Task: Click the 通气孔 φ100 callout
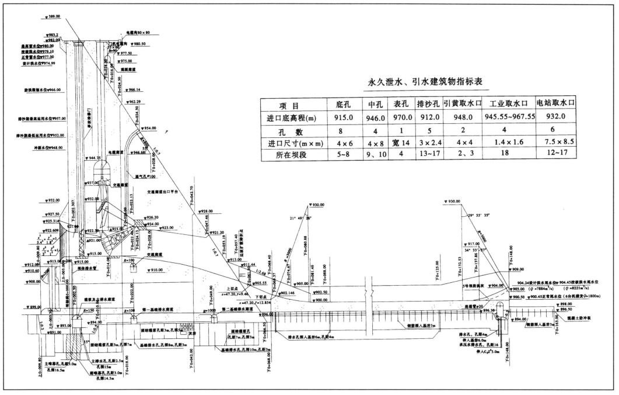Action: coord(145,176)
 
